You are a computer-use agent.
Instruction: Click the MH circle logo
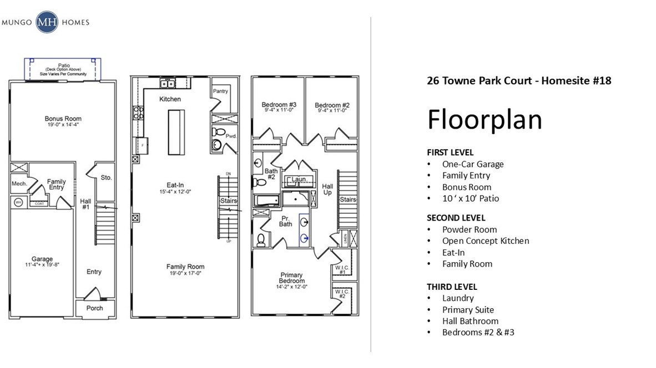[x=47, y=23]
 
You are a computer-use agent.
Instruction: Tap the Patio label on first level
[x=63, y=65]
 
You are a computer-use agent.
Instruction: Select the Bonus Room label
[x=63, y=119]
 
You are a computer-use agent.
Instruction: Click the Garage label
[x=42, y=259]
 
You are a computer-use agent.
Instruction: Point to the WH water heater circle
[x=17, y=202]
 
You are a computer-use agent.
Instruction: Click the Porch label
[x=94, y=308]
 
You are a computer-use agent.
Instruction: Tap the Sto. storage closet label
[x=107, y=178]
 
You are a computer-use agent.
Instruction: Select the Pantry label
[x=221, y=90]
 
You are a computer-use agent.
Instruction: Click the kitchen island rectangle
[x=176, y=133]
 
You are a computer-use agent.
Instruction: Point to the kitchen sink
[x=168, y=84]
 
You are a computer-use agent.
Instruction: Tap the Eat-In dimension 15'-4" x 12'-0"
[x=175, y=192]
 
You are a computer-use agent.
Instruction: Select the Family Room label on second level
[x=185, y=267]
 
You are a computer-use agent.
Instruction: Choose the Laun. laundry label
[x=299, y=180]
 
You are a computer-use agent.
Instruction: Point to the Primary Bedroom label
[x=291, y=278]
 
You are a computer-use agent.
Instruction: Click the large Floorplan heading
[x=484, y=119]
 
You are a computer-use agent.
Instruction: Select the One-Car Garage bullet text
[x=473, y=164]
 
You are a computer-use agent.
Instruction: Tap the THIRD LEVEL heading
[x=452, y=287]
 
